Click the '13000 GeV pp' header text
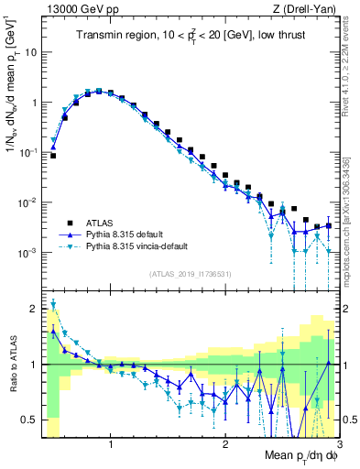point(80,8)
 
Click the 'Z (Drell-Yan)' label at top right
point(309,8)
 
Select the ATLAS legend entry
point(91,222)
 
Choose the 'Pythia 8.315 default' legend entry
point(120,234)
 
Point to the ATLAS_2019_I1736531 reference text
point(191,273)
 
